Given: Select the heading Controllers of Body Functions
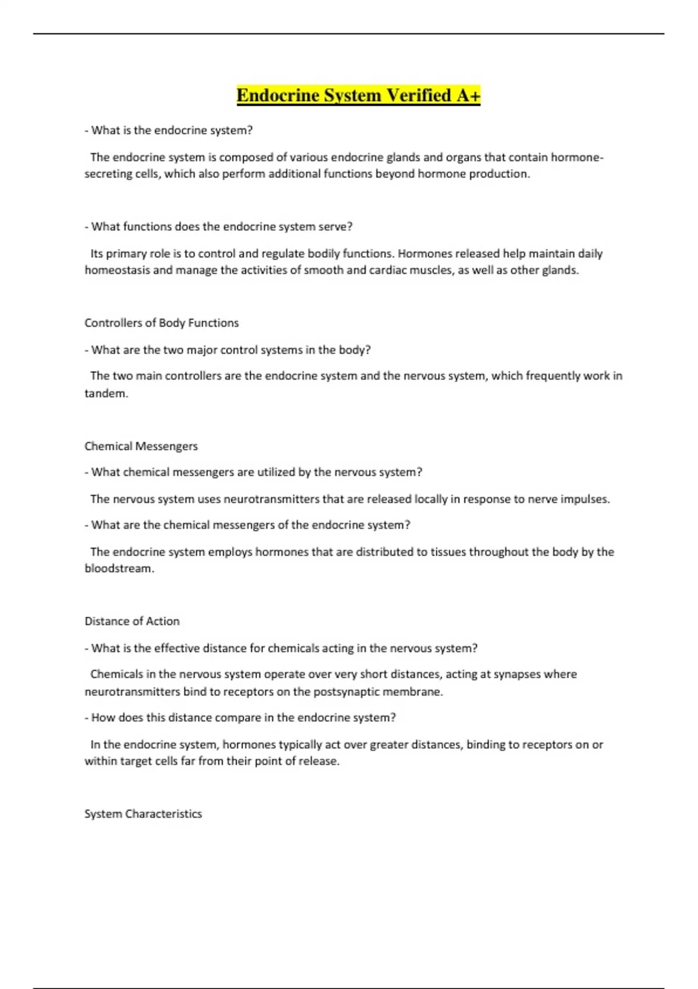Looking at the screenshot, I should click(162, 323).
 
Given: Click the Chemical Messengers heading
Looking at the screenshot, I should click(141, 446).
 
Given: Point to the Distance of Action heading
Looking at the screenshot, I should click(132, 621).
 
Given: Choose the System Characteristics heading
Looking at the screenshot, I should click(143, 814).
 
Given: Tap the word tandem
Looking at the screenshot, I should click(105, 393).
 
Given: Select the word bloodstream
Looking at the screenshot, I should click(119, 568).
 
